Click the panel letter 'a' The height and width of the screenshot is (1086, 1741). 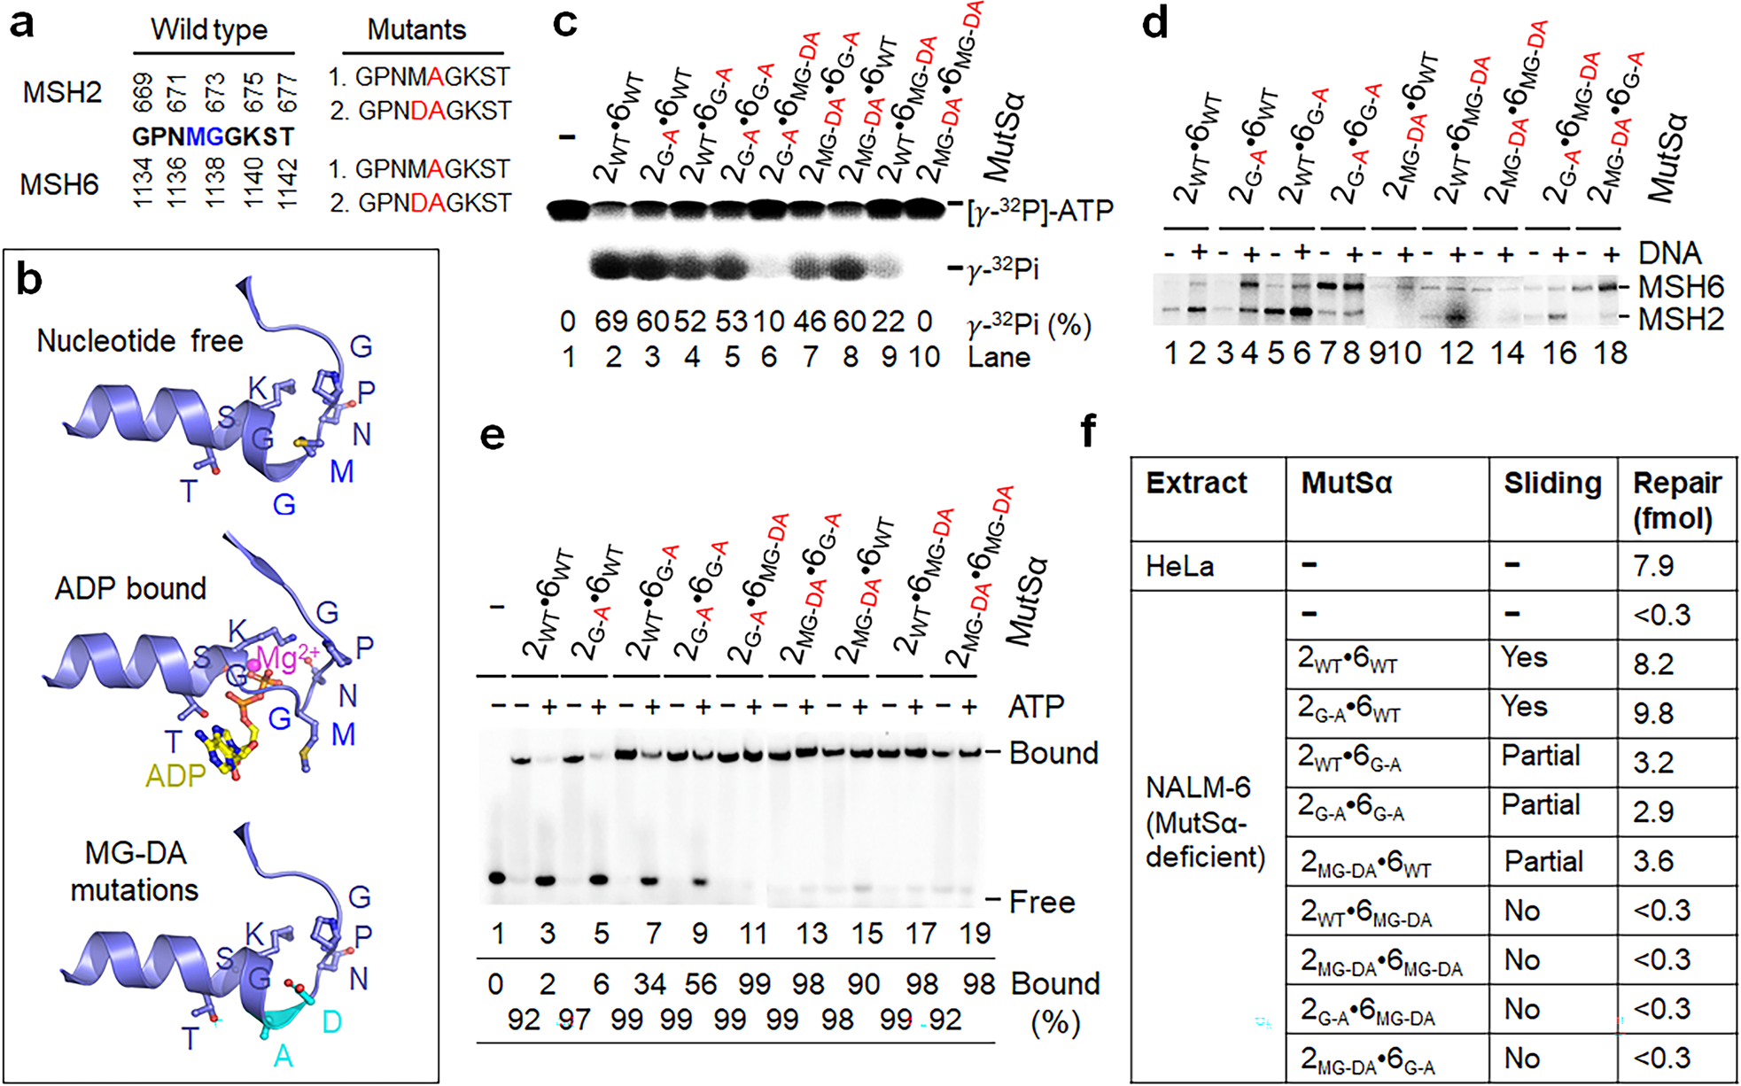(x=21, y=24)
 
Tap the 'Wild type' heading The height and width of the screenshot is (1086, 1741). (x=209, y=30)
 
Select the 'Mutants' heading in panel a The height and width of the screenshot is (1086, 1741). (x=416, y=30)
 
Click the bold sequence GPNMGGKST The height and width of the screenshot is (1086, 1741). (x=214, y=137)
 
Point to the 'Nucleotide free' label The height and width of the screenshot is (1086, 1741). (x=140, y=341)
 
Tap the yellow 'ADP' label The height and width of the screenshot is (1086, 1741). (x=175, y=776)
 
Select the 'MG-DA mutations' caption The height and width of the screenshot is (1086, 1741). (x=135, y=871)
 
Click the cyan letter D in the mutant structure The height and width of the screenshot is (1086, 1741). (x=331, y=1022)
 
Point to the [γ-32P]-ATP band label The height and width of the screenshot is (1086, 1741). (x=1039, y=211)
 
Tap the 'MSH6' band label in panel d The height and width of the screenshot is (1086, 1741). (x=1681, y=287)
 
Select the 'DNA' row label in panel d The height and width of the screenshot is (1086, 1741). (x=1669, y=253)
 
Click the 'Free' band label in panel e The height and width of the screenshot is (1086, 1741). (x=1042, y=902)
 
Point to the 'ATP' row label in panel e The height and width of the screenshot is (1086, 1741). (x=1036, y=707)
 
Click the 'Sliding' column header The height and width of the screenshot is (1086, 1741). (x=1552, y=484)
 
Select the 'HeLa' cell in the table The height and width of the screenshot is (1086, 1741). (x=1179, y=566)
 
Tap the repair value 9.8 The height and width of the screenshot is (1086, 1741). (x=1653, y=713)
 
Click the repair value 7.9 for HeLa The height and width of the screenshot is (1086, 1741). (x=1653, y=566)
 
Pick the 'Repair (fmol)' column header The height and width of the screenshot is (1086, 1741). (x=1676, y=500)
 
